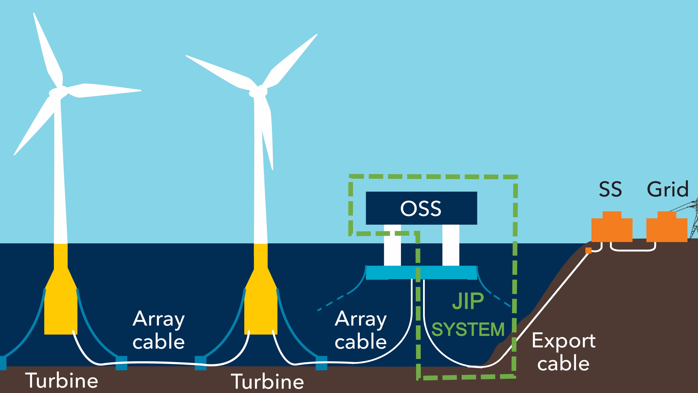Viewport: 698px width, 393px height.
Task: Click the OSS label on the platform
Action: (x=421, y=209)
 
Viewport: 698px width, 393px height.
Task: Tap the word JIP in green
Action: (x=468, y=301)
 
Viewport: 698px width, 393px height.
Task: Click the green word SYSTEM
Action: (x=468, y=329)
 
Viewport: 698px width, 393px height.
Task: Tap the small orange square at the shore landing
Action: (x=588, y=250)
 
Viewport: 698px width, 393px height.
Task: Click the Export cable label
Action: (x=564, y=352)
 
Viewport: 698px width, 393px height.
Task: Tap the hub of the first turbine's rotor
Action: (x=58, y=92)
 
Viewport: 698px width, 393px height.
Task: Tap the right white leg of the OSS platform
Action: (x=451, y=245)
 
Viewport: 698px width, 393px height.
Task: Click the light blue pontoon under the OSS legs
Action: (x=421, y=272)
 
